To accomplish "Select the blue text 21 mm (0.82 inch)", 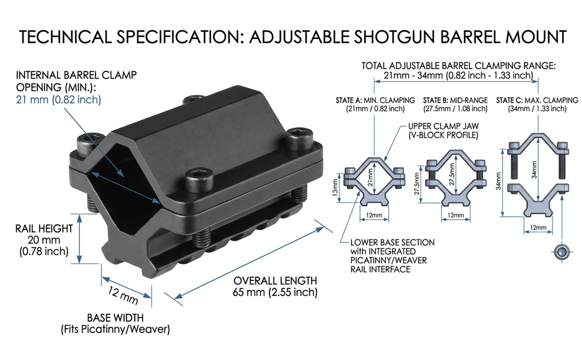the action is pos(58,100).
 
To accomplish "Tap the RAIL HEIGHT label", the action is pos(44,228).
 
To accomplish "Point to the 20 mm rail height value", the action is pos(44,240).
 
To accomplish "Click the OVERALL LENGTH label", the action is pos(275,281).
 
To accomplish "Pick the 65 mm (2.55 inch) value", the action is pos(275,292).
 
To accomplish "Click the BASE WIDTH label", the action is pos(115,317).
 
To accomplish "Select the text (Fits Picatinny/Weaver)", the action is pos(115,329).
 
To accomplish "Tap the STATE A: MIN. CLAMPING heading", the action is pos(375,100).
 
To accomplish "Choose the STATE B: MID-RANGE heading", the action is pos(455,100).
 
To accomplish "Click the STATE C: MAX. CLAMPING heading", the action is pos(537,100).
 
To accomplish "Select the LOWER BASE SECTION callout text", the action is pos(392,242).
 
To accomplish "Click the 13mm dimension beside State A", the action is pos(335,188).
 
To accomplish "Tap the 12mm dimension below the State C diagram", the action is pos(538,227).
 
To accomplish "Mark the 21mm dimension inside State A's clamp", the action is pos(370,177).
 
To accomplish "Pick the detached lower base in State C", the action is pos(538,199).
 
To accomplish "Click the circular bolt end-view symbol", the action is pos(561,252).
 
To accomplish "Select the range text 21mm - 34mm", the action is pos(408,76).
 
